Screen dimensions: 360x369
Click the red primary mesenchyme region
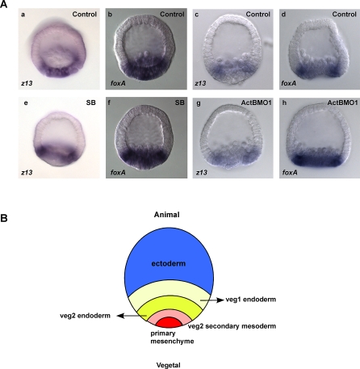[x=170, y=323]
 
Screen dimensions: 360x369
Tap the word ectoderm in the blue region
[x=169, y=263]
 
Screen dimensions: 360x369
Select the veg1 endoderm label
[x=251, y=300]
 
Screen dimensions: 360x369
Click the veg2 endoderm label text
[x=85, y=316]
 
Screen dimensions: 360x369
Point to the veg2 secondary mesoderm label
[x=232, y=326]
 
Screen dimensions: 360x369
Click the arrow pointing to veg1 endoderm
[x=212, y=300]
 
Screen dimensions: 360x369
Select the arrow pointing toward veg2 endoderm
[x=132, y=316]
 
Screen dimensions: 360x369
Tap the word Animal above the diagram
[x=167, y=215]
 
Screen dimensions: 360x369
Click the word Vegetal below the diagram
[x=169, y=365]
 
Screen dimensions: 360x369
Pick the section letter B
[x=3, y=218]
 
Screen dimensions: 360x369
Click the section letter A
[x=3, y=4]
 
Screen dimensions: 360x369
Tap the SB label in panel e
[x=91, y=103]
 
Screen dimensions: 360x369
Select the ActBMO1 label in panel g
[x=255, y=103]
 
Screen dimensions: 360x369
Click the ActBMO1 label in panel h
[x=342, y=103]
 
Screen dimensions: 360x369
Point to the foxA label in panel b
[x=118, y=83]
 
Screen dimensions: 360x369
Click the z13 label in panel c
[x=200, y=83]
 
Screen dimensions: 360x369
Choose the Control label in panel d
[x=345, y=14]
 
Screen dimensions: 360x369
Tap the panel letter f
[x=110, y=103]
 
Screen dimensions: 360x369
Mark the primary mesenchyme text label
[x=172, y=338]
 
